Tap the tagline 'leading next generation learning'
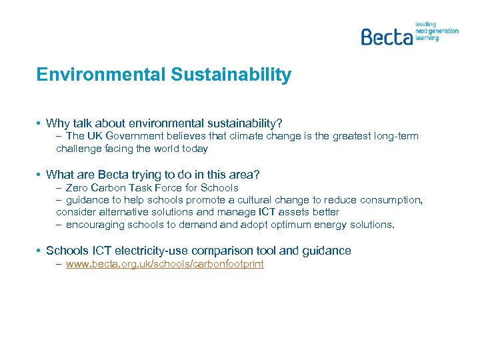437,31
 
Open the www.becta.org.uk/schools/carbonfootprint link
165,264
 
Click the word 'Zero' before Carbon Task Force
78,188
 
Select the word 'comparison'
221,251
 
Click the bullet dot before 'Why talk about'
39,123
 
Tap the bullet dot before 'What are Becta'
39,175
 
